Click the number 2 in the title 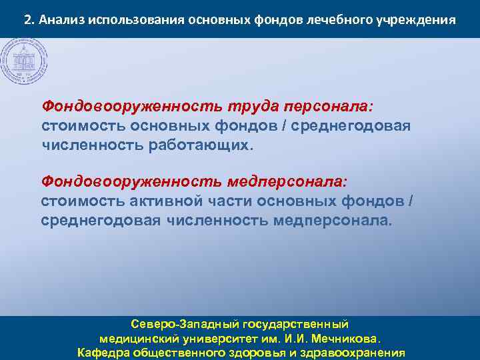pyautogui.click(x=27, y=19)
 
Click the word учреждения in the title pyautogui.click(x=418, y=19)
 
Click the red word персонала pyautogui.click(x=329, y=107)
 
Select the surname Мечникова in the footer pyautogui.click(x=345, y=338)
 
